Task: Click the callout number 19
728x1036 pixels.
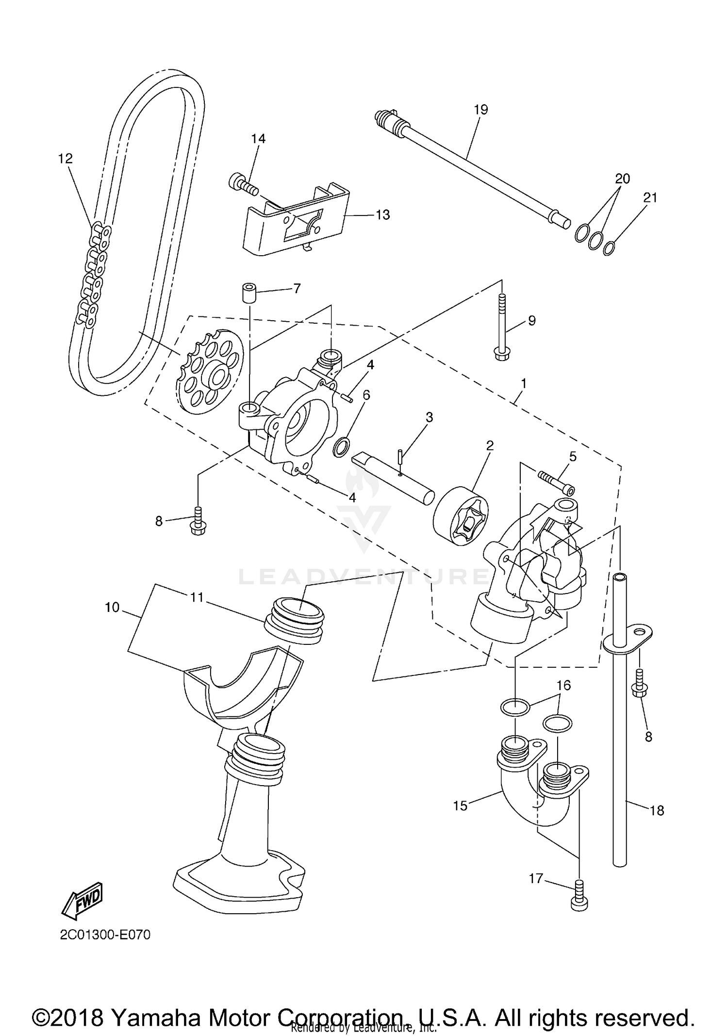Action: tap(480, 110)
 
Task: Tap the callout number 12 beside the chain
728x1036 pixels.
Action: tap(65, 158)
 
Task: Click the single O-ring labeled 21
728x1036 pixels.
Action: tap(610, 248)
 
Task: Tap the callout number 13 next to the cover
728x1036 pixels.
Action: tap(383, 214)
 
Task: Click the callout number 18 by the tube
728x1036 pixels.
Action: tap(657, 811)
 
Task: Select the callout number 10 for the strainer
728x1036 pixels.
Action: tap(112, 607)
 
